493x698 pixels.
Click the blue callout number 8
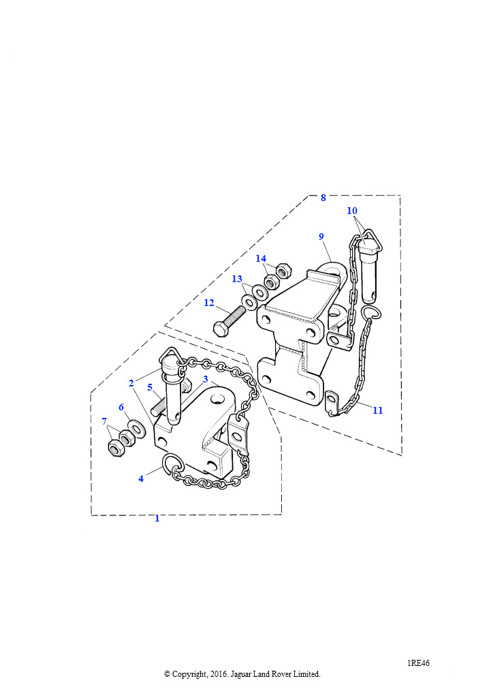(323, 198)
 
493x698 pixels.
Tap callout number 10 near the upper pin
(352, 211)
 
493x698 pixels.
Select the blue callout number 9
(321, 237)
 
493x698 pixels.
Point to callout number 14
(261, 258)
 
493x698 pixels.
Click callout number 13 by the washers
(237, 279)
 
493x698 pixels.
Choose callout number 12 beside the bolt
(209, 303)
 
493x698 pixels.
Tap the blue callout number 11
(377, 410)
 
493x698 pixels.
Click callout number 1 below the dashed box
(157, 518)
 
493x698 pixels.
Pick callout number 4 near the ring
(141, 479)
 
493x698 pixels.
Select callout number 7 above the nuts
(104, 421)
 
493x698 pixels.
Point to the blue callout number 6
(121, 407)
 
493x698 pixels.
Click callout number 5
(150, 387)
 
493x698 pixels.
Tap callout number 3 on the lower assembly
(206, 379)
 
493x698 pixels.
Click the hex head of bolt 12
(221, 330)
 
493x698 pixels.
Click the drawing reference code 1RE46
(418, 663)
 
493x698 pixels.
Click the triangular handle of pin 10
(370, 239)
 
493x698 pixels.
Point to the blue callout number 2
(131, 383)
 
